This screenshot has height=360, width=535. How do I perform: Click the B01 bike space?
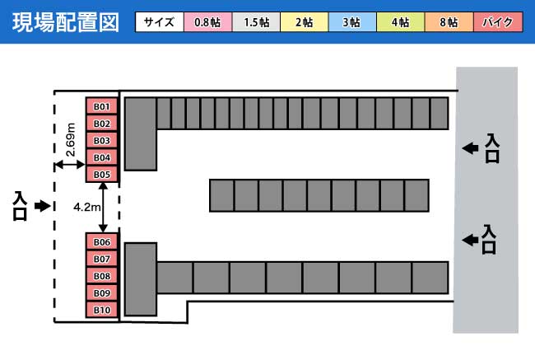[x=102, y=106]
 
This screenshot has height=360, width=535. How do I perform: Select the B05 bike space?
[x=102, y=174]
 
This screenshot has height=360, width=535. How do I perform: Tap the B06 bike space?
[x=102, y=242]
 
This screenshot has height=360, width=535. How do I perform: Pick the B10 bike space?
[x=102, y=310]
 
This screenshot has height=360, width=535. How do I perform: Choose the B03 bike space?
[x=102, y=140]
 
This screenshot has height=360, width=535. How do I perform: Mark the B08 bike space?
[x=102, y=276]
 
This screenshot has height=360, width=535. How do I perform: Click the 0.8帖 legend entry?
[x=207, y=22]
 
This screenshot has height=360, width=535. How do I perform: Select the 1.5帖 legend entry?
[x=256, y=22]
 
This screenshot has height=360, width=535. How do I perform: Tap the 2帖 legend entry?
[x=305, y=22]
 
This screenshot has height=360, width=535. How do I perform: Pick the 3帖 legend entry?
[x=352, y=22]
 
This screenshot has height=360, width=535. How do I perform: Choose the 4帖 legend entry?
[x=401, y=22]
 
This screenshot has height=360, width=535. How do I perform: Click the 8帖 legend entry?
[x=449, y=22]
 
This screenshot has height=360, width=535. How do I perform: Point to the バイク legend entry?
[x=498, y=22]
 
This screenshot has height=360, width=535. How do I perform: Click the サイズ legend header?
[x=160, y=22]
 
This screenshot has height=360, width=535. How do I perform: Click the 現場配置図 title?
[x=66, y=22]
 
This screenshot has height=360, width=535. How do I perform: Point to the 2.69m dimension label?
[x=70, y=140]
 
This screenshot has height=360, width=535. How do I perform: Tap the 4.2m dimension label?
[x=86, y=207]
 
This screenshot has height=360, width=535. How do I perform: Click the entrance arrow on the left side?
[x=43, y=206]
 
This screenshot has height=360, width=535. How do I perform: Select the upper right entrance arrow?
[x=470, y=148]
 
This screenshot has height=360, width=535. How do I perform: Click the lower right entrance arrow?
[x=470, y=240]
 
